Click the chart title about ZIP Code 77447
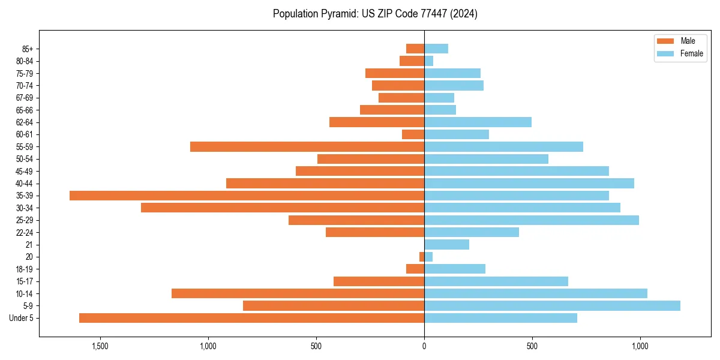[x=375, y=14]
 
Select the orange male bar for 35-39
[x=247, y=196]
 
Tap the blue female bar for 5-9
[x=552, y=306]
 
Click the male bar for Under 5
[x=251, y=318]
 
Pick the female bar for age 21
[x=446, y=245]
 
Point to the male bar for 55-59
[x=307, y=147]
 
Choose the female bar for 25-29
[x=532, y=220]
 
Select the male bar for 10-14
[x=298, y=293]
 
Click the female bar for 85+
[x=436, y=49]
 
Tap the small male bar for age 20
[x=422, y=257]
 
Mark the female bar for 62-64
[x=478, y=122]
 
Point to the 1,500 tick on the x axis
[x=100, y=346]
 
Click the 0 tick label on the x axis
[x=424, y=346]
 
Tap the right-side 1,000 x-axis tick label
[x=640, y=346]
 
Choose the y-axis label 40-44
[x=25, y=184]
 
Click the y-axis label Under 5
[x=22, y=318]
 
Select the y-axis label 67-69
[x=25, y=98]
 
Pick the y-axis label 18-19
[x=25, y=269]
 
